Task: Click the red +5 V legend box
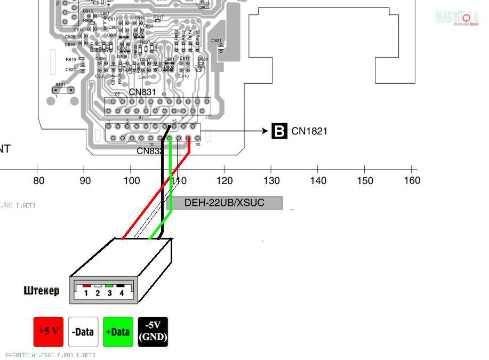click(49, 332)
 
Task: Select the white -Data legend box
click(83, 332)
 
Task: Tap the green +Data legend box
click(118, 332)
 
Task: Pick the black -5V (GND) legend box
click(153, 332)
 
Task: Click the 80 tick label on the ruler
click(38, 181)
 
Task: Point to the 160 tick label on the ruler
click(412, 181)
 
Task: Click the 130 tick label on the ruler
click(271, 181)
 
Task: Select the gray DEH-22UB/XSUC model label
click(225, 203)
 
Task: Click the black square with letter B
click(279, 131)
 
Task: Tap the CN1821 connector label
click(309, 131)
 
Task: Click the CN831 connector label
click(142, 92)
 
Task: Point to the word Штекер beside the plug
click(42, 291)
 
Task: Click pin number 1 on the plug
click(86, 293)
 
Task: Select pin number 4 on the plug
click(122, 293)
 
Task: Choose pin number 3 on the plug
click(110, 293)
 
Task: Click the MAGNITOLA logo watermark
click(456, 18)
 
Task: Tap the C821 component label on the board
click(217, 41)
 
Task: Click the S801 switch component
click(63, 90)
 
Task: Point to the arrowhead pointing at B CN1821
click(266, 131)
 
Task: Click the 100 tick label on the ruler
click(132, 181)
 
